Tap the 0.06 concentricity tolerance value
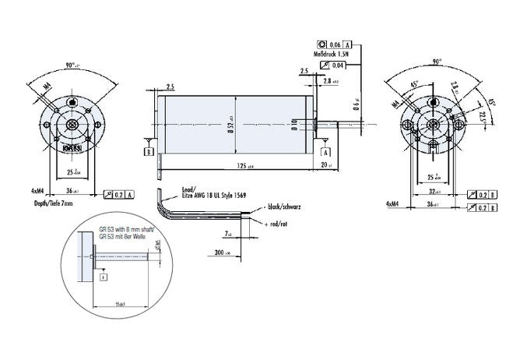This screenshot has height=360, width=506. coord(336,44)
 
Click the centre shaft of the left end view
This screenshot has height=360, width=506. coord(72,125)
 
